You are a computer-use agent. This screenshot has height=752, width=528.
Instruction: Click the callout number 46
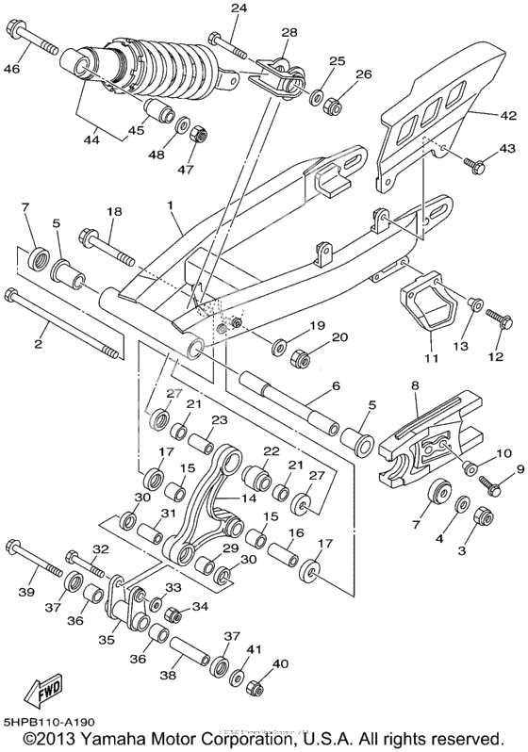(x=12, y=69)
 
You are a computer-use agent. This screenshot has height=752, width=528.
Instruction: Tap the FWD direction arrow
(x=44, y=694)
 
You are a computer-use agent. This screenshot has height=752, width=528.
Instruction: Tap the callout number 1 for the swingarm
(x=172, y=204)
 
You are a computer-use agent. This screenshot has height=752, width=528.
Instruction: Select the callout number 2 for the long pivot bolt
(x=40, y=344)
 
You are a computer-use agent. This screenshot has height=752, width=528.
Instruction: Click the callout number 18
(x=114, y=214)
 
